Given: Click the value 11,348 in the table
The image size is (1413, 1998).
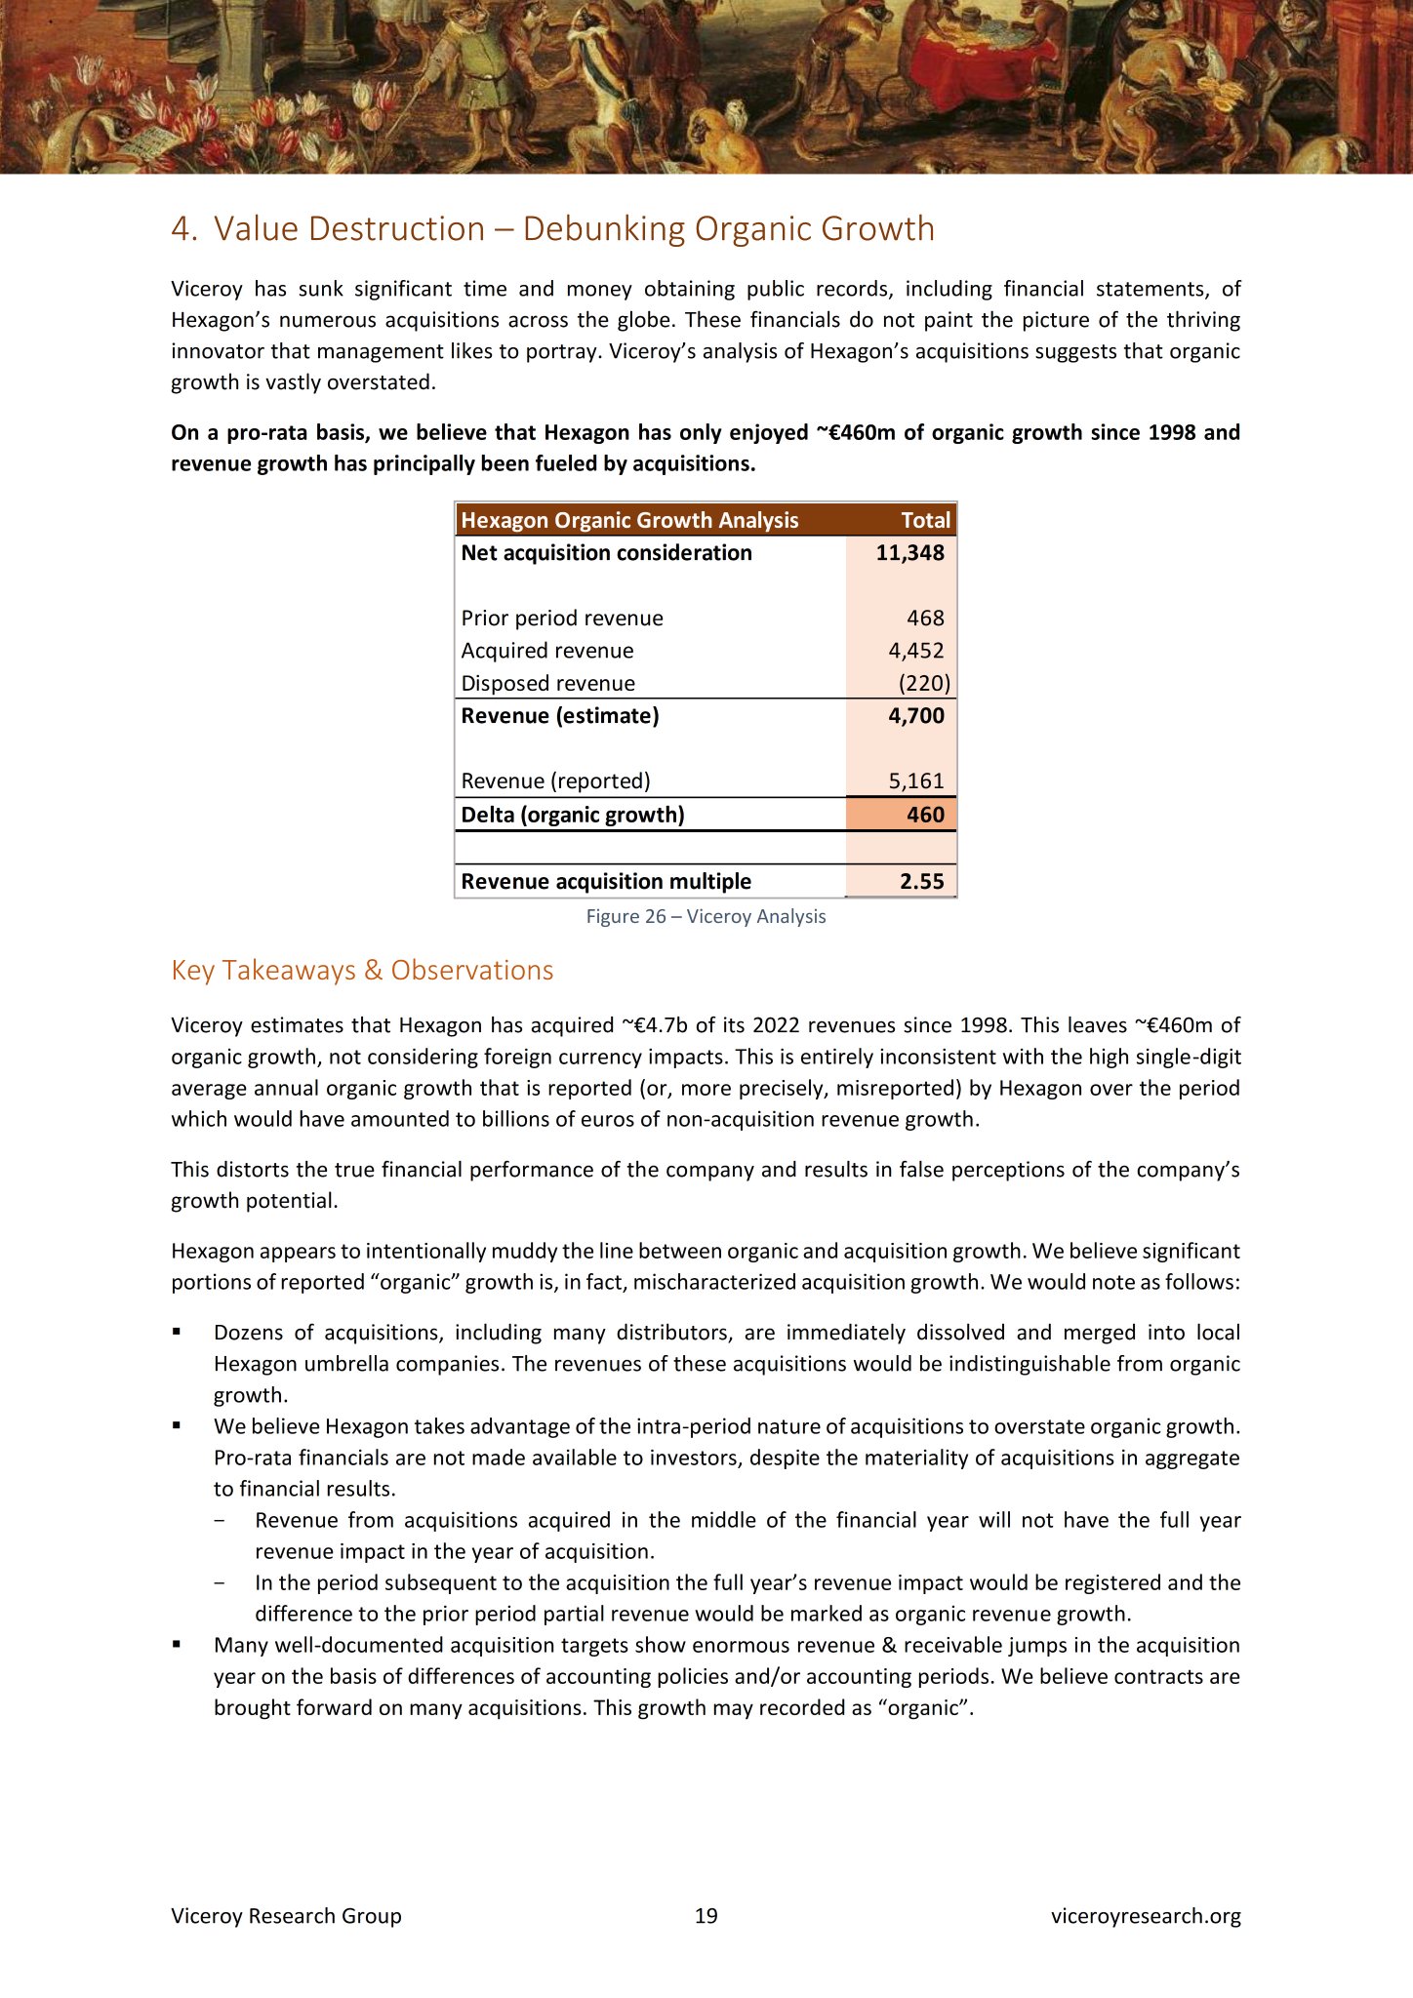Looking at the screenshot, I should click(909, 553).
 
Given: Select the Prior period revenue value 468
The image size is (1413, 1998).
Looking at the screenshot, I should click(924, 619).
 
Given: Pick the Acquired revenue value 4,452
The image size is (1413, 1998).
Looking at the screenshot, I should click(915, 651).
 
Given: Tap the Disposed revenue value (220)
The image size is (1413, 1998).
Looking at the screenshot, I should click(923, 684).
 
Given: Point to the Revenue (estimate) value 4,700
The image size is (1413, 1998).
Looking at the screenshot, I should click(915, 716).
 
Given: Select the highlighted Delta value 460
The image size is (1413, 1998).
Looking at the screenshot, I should click(924, 815).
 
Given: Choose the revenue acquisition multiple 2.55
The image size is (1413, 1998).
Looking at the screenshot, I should click(921, 882).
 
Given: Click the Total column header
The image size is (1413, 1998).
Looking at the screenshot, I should click(924, 521).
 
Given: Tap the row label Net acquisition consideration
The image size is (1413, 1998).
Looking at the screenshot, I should click(606, 553).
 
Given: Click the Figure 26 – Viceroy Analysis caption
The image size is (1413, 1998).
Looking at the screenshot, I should click(706, 916).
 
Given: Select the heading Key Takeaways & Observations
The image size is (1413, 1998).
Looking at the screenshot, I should click(362, 971).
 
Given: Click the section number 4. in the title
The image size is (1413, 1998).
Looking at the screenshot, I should click(183, 229).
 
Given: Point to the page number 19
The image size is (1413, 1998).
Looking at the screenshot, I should click(706, 1915).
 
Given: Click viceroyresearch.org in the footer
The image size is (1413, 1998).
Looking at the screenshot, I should click(1145, 1915).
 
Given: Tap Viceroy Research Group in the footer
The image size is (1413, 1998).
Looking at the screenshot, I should click(286, 1915).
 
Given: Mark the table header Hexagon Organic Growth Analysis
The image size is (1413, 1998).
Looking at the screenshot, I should click(629, 521).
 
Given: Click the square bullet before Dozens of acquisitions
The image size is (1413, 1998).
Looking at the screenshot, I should click(177, 1332).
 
